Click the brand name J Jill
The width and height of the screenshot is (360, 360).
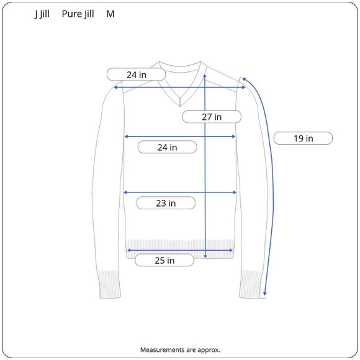point(42,14)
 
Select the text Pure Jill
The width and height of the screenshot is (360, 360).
point(78,14)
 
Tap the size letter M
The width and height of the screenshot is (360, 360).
point(110,14)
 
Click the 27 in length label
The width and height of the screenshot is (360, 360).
point(212,117)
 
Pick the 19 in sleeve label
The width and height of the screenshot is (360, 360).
point(303,138)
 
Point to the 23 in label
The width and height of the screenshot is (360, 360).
point(166,203)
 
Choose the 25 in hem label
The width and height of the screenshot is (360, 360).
point(164,260)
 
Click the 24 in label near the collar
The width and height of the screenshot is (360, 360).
point(136,74)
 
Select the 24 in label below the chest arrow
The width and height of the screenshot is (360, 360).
point(167,147)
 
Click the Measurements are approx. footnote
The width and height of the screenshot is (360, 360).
point(180,349)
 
